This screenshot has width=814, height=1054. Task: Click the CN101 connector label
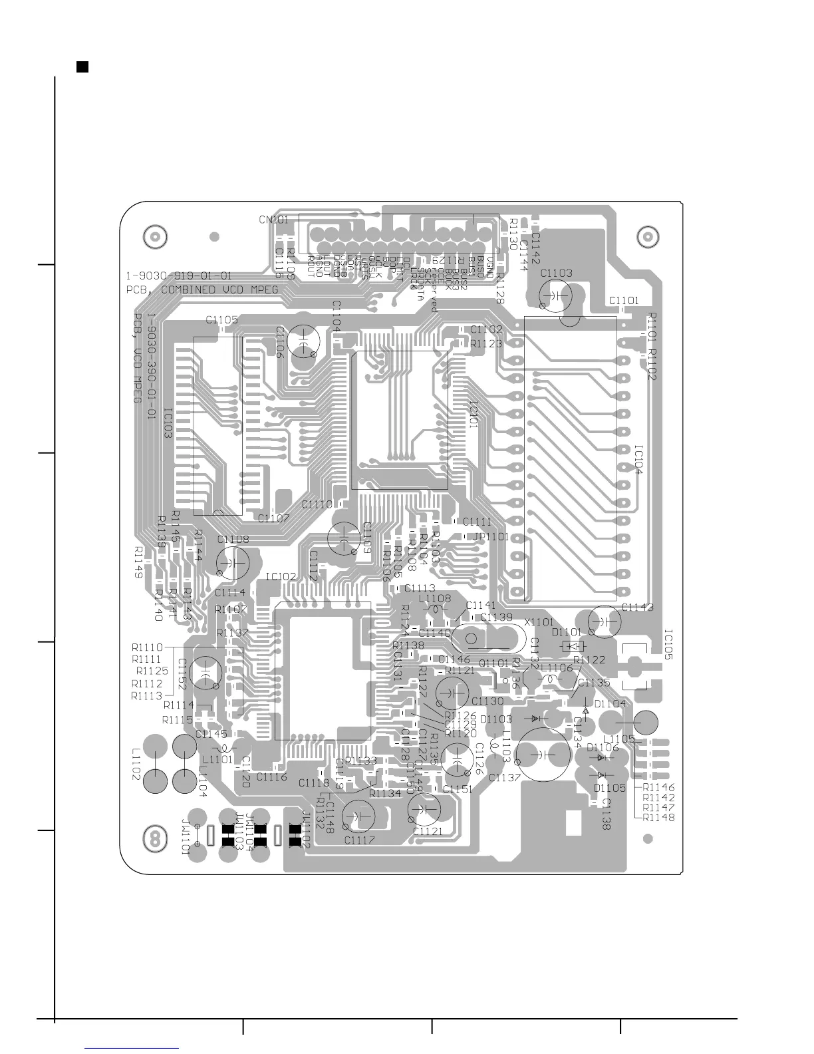click(273, 219)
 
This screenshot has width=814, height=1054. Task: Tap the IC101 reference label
click(473, 413)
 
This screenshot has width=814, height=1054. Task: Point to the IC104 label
click(638, 460)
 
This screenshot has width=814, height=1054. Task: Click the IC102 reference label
click(281, 577)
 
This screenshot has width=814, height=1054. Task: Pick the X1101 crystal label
click(539, 621)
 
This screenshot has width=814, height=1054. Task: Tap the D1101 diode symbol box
click(573, 645)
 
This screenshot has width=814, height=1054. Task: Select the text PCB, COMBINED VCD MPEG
click(202, 289)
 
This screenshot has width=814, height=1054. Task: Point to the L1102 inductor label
click(136, 765)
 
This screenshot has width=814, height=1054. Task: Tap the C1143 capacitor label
click(637, 607)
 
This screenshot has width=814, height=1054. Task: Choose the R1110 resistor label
click(147, 647)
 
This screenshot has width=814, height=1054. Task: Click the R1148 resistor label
click(659, 817)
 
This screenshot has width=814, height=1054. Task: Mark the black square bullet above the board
click(82, 67)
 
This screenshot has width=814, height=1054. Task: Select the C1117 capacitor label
click(360, 840)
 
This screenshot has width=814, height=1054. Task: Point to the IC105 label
click(668, 643)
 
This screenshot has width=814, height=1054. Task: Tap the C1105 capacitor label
click(221, 320)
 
